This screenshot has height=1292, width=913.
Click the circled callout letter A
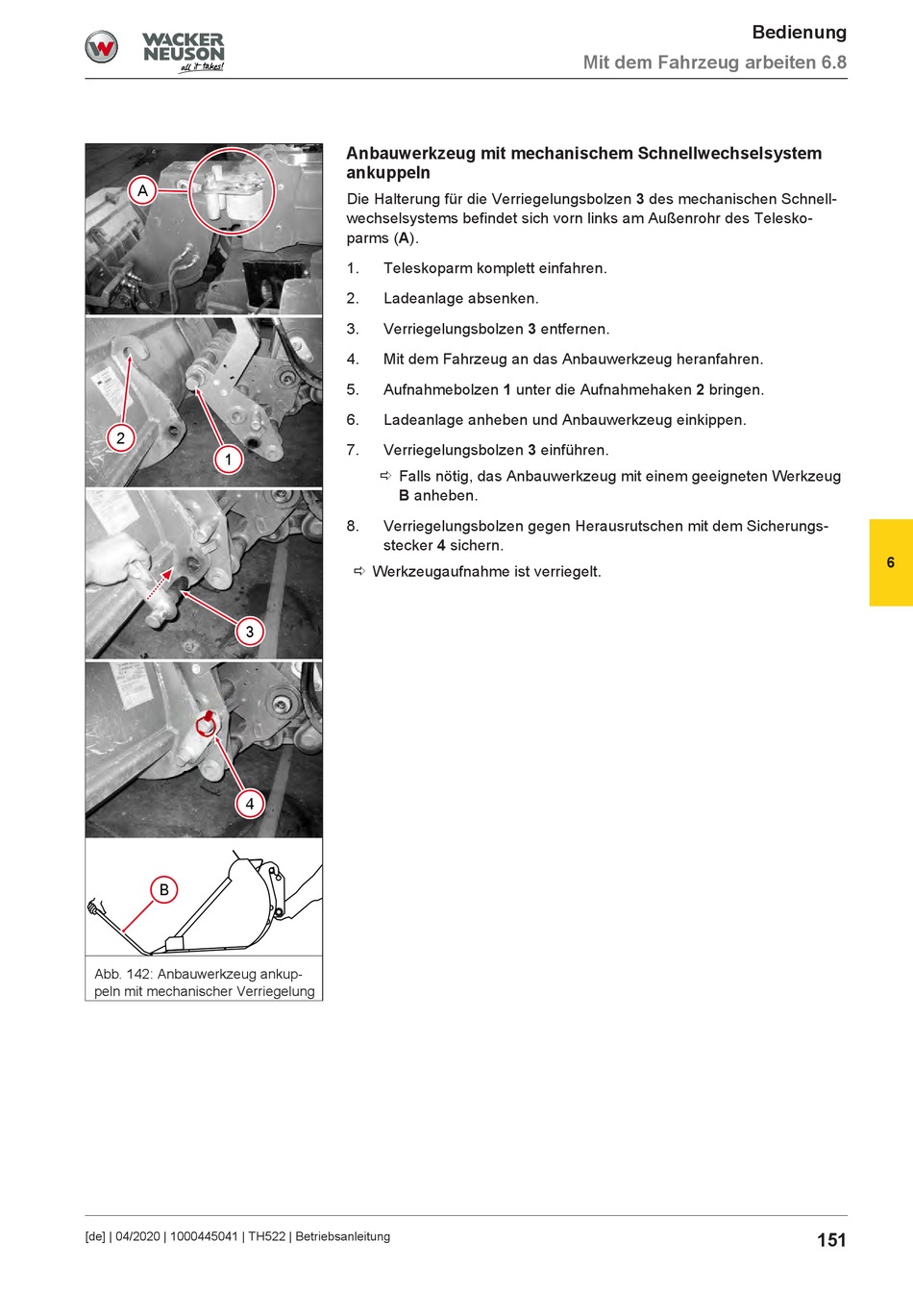click(142, 190)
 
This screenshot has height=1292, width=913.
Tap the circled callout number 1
click(228, 460)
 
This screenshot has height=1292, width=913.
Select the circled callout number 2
click(120, 437)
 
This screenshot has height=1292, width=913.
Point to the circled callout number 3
click(250, 631)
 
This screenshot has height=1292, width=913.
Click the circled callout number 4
click(250, 804)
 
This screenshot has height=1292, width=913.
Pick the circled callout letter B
click(163, 889)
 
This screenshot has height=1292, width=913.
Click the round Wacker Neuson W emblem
click(102, 47)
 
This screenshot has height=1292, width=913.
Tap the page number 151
click(831, 1239)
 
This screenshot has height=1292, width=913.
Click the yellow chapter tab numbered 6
click(891, 562)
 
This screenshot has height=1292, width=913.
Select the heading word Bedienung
click(800, 33)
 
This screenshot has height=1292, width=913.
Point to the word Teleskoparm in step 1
click(428, 268)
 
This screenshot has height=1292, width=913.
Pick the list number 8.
click(353, 526)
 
